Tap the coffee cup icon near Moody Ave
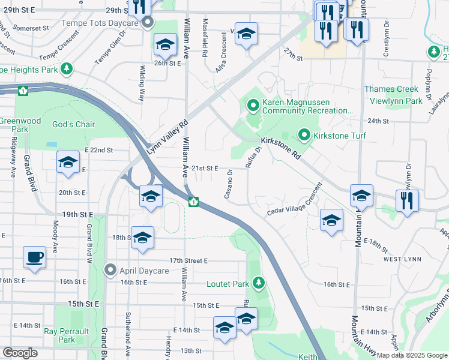click(34, 257)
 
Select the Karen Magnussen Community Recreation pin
click(253, 106)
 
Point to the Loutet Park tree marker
click(259, 282)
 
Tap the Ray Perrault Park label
click(66, 335)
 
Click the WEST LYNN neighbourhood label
click(401, 259)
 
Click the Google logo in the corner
click(20, 353)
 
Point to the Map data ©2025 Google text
click(412, 355)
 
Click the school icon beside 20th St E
click(151, 196)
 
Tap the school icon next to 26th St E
click(165, 45)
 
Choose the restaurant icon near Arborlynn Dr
click(407, 200)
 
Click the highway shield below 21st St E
click(194, 201)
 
